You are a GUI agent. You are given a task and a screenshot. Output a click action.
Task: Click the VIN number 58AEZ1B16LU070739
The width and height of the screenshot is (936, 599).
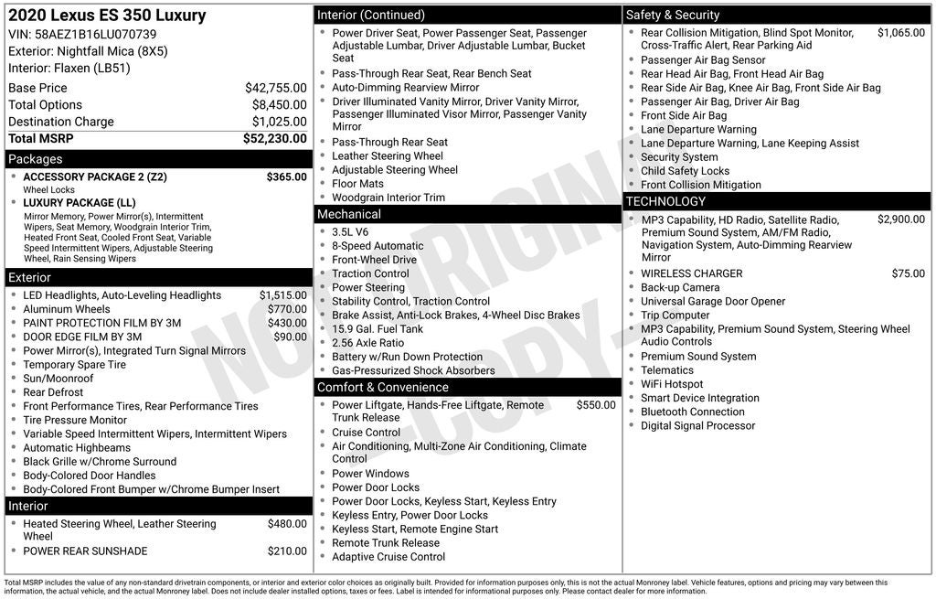point(95,35)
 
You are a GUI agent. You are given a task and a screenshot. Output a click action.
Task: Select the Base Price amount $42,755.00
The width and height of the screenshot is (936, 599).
point(275,88)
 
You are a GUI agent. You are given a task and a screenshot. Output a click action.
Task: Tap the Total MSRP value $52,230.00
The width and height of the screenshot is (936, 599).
point(274,138)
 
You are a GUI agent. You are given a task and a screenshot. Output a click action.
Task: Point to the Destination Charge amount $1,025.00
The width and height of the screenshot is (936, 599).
point(279,122)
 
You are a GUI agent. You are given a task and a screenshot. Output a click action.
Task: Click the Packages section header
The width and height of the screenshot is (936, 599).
point(36,159)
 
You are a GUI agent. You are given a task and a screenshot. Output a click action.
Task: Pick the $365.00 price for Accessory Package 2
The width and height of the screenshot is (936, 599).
point(286,176)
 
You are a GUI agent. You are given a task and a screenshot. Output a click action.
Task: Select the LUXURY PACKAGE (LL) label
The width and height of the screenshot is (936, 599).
point(80,202)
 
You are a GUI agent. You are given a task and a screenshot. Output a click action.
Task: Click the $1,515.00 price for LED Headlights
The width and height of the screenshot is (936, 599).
point(282,295)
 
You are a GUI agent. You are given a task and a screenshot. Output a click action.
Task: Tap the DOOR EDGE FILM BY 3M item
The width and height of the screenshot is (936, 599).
point(82,337)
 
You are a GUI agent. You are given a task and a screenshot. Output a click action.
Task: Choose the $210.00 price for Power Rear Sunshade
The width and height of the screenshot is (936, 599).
point(287,551)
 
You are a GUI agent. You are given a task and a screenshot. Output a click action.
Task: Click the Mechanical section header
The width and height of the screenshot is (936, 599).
point(348,214)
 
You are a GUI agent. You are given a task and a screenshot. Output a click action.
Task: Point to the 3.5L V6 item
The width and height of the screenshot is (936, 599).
point(350,232)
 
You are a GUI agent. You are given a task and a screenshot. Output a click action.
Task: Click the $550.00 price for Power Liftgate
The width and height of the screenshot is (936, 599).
point(596,405)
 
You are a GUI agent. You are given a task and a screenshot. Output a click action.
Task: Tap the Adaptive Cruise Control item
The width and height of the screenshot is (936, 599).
point(388,556)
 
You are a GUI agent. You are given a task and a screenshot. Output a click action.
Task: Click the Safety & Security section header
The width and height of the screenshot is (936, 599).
point(673,15)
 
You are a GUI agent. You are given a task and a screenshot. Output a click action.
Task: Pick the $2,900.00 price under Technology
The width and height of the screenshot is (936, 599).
point(900,219)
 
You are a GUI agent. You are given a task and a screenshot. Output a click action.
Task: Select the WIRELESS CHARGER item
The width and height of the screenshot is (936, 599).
point(691,273)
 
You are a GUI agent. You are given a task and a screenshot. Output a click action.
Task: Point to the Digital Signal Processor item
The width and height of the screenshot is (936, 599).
point(697,425)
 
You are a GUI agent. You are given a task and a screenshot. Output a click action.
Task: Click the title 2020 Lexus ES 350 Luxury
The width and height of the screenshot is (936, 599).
point(107,16)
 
